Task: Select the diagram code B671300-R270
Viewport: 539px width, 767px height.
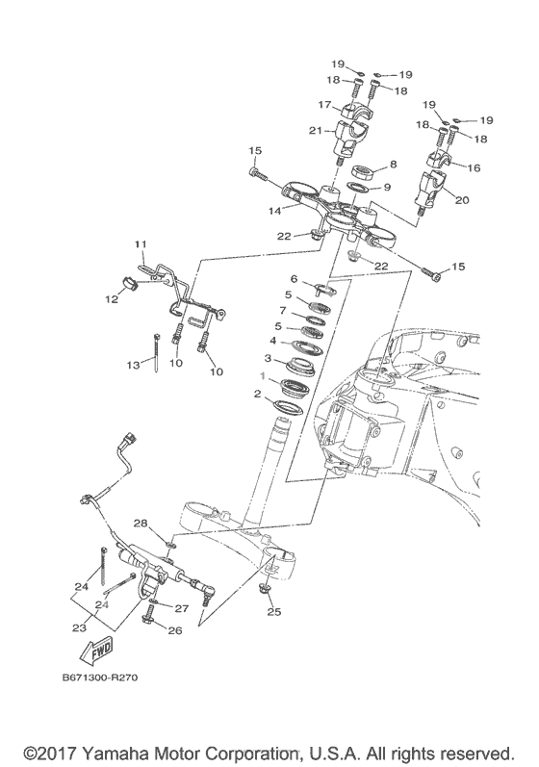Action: coord(100,678)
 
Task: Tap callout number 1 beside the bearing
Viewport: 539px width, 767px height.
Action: coord(263,376)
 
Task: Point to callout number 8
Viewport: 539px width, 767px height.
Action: coord(394,165)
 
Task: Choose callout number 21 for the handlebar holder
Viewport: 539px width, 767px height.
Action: coord(316,131)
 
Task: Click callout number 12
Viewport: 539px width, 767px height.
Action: coord(112,298)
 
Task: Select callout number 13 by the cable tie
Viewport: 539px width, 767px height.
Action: coord(134,365)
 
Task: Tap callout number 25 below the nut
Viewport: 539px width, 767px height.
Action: coord(274,611)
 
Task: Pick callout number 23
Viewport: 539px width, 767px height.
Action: coord(79,627)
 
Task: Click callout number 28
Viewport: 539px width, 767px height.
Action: coord(141,524)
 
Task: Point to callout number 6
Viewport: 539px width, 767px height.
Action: coord(294,278)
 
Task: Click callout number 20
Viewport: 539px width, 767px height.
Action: coord(462,199)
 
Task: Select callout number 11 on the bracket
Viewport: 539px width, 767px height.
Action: coord(141,243)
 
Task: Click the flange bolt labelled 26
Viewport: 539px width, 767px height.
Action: coord(148,614)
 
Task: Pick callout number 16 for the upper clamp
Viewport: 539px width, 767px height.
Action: coord(474,167)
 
